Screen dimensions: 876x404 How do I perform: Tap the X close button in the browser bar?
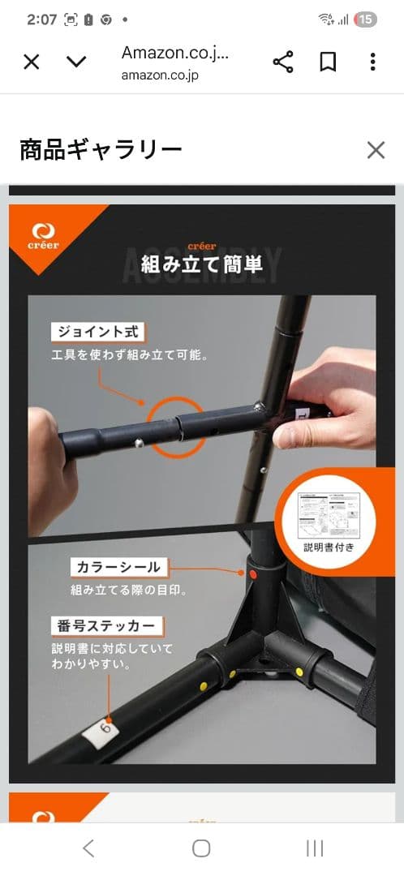click(31, 62)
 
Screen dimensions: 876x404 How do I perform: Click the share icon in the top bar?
click(282, 62)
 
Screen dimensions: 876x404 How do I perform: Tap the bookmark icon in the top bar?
click(328, 62)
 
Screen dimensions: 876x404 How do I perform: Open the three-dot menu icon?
click(372, 62)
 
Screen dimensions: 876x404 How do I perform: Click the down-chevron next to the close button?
click(76, 62)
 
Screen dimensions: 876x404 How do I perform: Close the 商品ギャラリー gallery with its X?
click(376, 150)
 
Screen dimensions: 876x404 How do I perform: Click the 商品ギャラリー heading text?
click(101, 150)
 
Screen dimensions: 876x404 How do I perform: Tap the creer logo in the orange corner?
click(43, 235)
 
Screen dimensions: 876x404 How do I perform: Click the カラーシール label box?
click(118, 567)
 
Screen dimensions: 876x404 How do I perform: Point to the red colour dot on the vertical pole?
click(252, 573)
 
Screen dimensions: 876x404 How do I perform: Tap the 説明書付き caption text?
click(329, 547)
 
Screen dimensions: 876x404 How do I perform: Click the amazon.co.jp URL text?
click(160, 75)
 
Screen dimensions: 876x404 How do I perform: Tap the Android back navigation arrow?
click(88, 848)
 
